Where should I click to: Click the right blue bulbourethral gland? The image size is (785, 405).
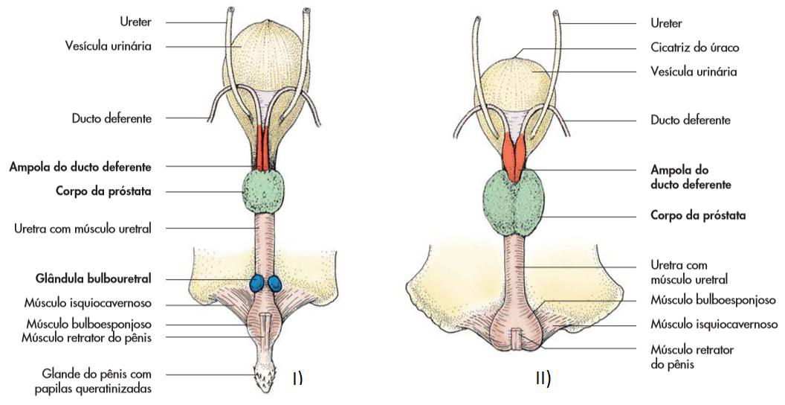pyautogui.click(x=275, y=284)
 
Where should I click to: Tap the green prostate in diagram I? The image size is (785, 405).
pyautogui.click(x=264, y=191)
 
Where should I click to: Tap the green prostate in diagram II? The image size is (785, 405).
pyautogui.click(x=514, y=202)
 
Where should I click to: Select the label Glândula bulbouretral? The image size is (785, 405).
pyautogui.click(x=93, y=278)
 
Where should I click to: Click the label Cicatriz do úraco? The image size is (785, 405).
pyautogui.click(x=694, y=48)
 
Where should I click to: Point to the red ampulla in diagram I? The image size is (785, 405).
pyautogui.click(x=263, y=148)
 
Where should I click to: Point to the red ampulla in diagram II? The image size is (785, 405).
pyautogui.click(x=514, y=156)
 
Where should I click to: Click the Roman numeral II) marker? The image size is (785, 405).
pyautogui.click(x=543, y=378)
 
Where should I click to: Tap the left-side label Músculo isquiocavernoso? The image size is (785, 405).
pyautogui.click(x=88, y=303)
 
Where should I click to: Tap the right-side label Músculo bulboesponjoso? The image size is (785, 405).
pyautogui.click(x=713, y=300)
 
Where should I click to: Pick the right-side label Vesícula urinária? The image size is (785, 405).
pyautogui.click(x=694, y=71)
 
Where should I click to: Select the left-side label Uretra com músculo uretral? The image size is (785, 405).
pyautogui.click(x=83, y=229)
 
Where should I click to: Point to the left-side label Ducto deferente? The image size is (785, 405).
pyautogui.click(x=112, y=119)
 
